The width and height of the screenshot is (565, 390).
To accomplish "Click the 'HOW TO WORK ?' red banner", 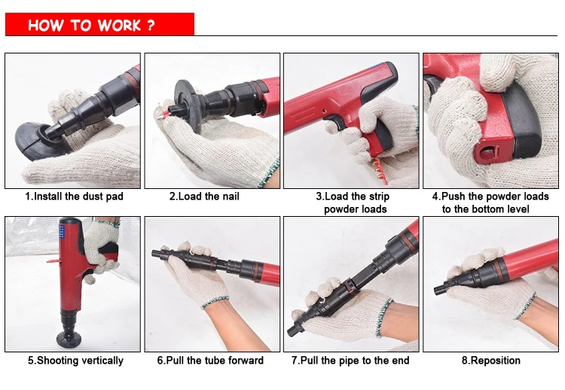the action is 99,25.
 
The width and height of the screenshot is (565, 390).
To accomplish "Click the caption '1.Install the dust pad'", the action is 74,197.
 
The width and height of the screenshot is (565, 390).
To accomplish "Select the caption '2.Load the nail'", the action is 204,197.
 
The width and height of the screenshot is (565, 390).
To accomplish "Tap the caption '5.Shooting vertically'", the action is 75,361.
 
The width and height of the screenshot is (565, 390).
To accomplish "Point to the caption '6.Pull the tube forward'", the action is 210,361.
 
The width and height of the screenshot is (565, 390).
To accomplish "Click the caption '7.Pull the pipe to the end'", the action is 350,361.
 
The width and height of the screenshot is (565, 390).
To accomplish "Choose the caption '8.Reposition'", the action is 491,361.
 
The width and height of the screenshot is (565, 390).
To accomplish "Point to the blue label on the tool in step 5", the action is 62,230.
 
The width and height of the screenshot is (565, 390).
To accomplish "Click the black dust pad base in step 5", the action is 69,339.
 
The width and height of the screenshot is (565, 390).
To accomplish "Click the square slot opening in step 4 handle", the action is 487,154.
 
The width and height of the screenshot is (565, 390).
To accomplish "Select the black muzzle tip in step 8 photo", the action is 441,288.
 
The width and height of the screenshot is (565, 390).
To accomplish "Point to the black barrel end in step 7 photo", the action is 293,329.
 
